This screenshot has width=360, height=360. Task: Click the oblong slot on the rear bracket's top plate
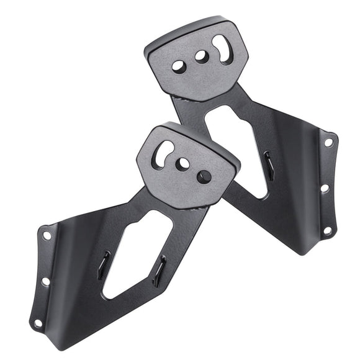pyautogui.click(x=222, y=48)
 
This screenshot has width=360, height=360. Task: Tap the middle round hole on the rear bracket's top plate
pyautogui.click(x=201, y=56)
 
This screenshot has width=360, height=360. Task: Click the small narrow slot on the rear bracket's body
pyautogui.click(x=269, y=166)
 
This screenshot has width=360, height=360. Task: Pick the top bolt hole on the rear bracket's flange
pyautogui.click(x=328, y=142)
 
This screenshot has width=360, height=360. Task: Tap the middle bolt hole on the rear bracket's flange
pyautogui.click(x=324, y=187)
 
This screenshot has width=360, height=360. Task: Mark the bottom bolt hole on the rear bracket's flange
pyautogui.click(x=326, y=231)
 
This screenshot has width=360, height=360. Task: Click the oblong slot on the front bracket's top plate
pyautogui.click(x=164, y=153)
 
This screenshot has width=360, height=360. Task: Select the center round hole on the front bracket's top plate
pyautogui.click(x=182, y=164)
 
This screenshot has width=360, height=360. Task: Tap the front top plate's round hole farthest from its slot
pyautogui.click(x=204, y=176)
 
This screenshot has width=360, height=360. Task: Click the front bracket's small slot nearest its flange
pyautogui.click(x=103, y=265)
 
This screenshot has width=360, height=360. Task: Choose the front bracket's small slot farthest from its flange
pyautogui.click(x=159, y=271)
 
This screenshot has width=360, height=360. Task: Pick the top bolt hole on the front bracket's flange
pyautogui.click(x=47, y=235)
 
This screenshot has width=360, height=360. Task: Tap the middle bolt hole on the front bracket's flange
pyautogui.click(x=45, y=281)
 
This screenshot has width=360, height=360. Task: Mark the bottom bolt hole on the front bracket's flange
pyautogui.click(x=38, y=323)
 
